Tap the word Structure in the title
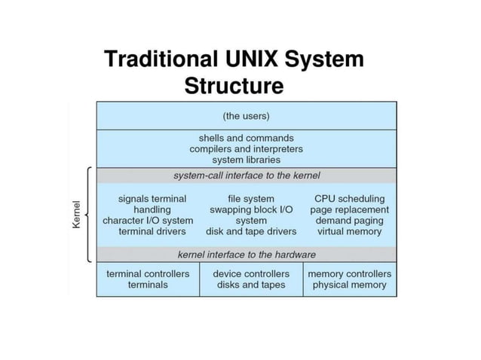point(234,85)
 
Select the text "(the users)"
point(246,116)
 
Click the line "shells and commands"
point(246,139)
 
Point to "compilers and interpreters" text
point(246,149)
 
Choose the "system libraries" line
point(246,160)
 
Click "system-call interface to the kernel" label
point(247,175)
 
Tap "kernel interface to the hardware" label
point(247,255)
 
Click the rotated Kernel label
point(76,215)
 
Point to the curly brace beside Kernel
point(90,215)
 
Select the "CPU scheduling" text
point(349,199)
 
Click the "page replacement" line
point(349,209)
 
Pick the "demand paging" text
point(349,221)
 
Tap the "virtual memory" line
point(349,231)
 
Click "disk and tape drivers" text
point(251,231)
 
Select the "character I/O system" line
point(148,221)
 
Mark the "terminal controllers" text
point(148,273)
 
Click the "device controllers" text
point(251,273)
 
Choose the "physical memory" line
point(349,285)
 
